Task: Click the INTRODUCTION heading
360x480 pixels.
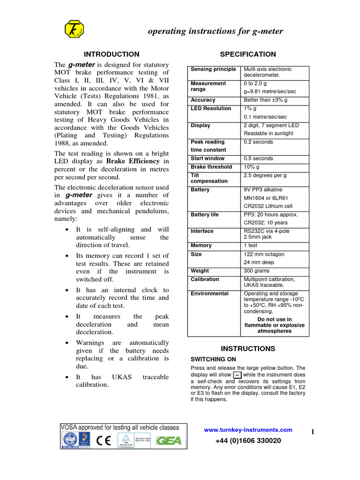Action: (x=111, y=54)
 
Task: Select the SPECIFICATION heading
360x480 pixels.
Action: (x=248, y=54)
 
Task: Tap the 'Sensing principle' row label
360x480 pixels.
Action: (x=213, y=69)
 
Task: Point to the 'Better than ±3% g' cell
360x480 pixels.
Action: (x=266, y=100)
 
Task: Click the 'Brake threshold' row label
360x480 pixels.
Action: (x=211, y=167)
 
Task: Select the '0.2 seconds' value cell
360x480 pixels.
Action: (x=258, y=142)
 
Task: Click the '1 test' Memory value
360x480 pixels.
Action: (x=251, y=246)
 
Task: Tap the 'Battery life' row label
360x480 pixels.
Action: (x=204, y=215)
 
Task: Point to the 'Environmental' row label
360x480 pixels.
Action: (x=210, y=294)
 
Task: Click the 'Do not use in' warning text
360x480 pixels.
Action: (x=274, y=320)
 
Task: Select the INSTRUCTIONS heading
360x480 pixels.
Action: (x=248, y=349)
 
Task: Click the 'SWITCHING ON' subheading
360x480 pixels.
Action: (x=213, y=359)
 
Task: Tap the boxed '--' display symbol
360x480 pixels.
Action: (x=237, y=375)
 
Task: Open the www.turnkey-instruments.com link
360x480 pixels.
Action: (x=248, y=430)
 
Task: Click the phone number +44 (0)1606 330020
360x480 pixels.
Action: (x=248, y=441)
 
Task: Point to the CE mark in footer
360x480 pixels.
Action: (x=104, y=441)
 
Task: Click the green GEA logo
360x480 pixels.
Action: (x=169, y=441)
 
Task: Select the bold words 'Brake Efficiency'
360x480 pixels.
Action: (x=139, y=161)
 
